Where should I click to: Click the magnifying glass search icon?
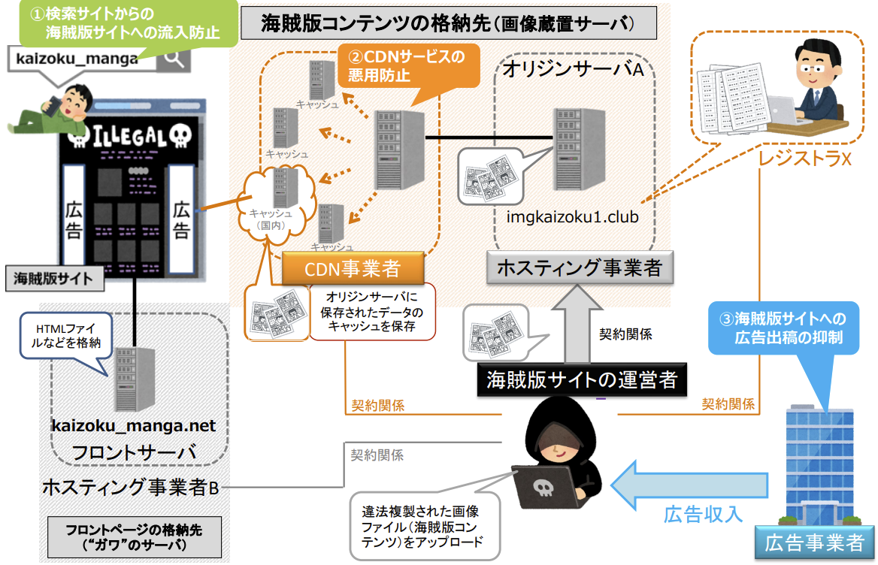click(x=174, y=58)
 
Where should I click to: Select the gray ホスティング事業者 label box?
click(x=578, y=267)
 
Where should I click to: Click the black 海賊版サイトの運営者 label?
click(x=582, y=379)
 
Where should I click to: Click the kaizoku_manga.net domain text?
click(x=134, y=426)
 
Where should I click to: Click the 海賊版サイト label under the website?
click(x=53, y=279)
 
